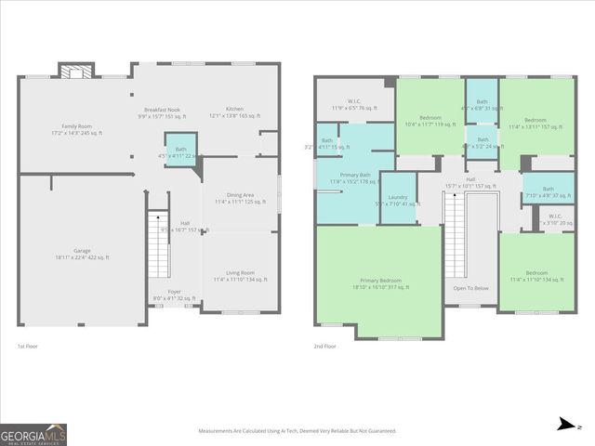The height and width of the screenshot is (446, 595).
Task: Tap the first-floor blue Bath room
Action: [x=180, y=152]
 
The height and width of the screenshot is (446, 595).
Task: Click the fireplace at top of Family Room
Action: [x=73, y=71]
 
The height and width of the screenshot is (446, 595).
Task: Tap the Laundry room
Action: [x=397, y=200]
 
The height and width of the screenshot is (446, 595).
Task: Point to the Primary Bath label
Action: [x=350, y=178]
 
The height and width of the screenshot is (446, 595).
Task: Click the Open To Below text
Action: [x=470, y=288]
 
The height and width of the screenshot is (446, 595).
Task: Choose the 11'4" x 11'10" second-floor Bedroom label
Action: [x=537, y=276]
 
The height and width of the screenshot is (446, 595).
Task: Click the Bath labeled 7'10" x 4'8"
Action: [x=548, y=191]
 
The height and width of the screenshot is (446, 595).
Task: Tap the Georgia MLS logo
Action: [x=33, y=434]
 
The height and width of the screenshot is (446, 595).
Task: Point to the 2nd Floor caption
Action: [x=325, y=346]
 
